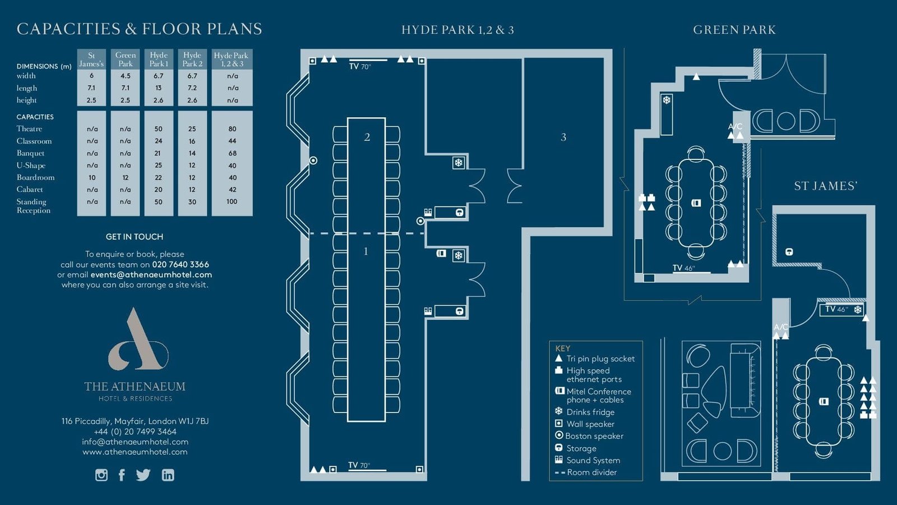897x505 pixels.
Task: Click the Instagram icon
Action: click(x=101, y=475)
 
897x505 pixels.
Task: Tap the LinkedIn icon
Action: click(x=168, y=475)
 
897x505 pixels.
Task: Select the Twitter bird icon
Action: click(x=143, y=475)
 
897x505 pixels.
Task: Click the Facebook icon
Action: click(x=122, y=475)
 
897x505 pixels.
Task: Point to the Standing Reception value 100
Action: click(x=232, y=201)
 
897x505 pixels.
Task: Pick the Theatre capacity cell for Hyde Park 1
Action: click(x=159, y=129)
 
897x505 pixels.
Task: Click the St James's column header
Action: click(x=91, y=59)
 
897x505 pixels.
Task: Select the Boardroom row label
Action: click(x=36, y=177)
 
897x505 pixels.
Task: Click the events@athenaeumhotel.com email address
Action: click(x=151, y=274)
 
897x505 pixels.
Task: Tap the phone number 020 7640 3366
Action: click(x=181, y=264)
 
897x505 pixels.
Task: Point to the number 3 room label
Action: click(x=563, y=137)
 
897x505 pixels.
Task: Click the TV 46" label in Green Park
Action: click(x=684, y=268)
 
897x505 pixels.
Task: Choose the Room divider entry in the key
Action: click(x=586, y=472)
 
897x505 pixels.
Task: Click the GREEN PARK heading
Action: click(x=734, y=30)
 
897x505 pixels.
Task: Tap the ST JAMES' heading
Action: click(x=826, y=186)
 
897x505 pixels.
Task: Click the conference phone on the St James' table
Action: click(x=824, y=401)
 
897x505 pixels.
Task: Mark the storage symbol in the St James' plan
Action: click(x=789, y=252)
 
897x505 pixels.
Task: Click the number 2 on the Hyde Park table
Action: click(x=367, y=137)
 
